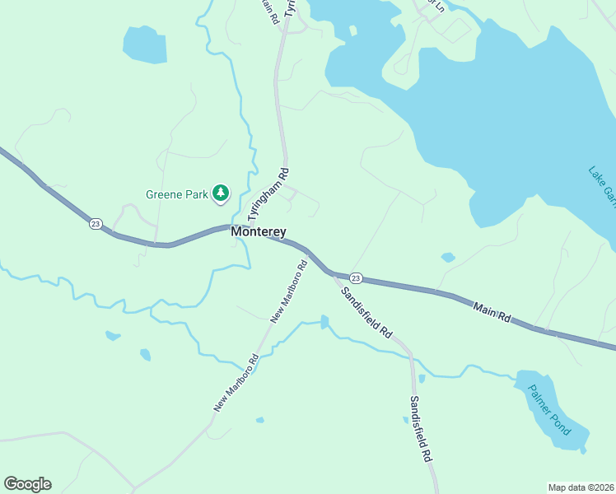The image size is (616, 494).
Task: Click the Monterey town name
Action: pyautogui.click(x=259, y=232)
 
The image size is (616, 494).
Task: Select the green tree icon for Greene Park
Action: pyautogui.click(x=220, y=193)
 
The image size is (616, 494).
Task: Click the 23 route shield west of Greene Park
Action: pyautogui.click(x=96, y=224)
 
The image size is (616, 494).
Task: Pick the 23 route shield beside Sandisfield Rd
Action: pyautogui.click(x=356, y=277)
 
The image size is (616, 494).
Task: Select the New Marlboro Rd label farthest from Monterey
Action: pyautogui.click(x=236, y=382)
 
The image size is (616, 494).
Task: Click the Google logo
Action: pyautogui.click(x=27, y=484)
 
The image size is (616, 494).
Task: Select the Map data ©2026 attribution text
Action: pyautogui.click(x=581, y=487)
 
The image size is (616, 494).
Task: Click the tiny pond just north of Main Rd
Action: pyautogui.click(x=448, y=258)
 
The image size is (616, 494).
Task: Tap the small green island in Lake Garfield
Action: pyautogui.click(x=352, y=30)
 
